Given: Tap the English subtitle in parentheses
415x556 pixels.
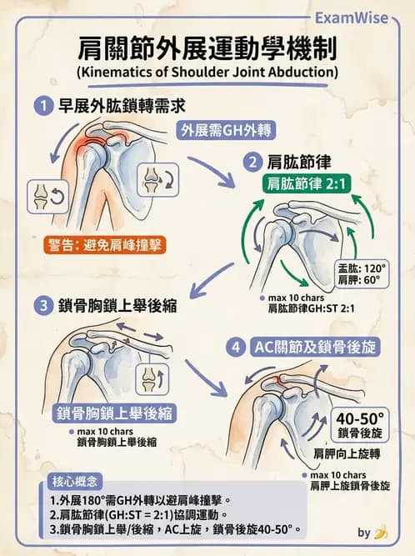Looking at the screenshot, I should click(x=207, y=72).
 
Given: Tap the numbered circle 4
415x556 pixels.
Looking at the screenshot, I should click(x=237, y=347).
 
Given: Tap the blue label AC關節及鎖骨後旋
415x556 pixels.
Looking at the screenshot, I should click(x=312, y=347).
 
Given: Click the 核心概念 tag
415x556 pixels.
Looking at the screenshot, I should click(x=77, y=481).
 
